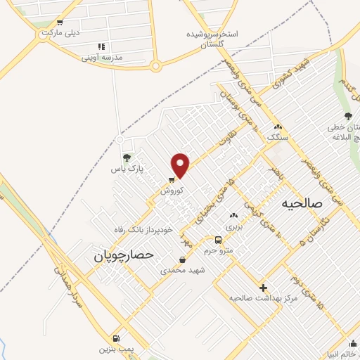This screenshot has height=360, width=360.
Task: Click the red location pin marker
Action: [181, 165]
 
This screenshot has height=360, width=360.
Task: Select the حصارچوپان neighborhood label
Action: [124, 257]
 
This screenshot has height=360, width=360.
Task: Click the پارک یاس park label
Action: [130, 169]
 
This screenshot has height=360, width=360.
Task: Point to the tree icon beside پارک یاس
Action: [127, 158]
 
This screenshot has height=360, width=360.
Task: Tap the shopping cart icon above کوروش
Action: [172, 179]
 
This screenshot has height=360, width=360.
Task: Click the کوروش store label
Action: [172, 191]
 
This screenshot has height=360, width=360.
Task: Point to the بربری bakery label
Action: [233, 227]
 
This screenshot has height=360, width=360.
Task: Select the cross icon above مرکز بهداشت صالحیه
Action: [264, 287]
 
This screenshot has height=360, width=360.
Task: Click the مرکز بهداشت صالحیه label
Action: [260, 297]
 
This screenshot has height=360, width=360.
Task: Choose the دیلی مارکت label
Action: [62, 32]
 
